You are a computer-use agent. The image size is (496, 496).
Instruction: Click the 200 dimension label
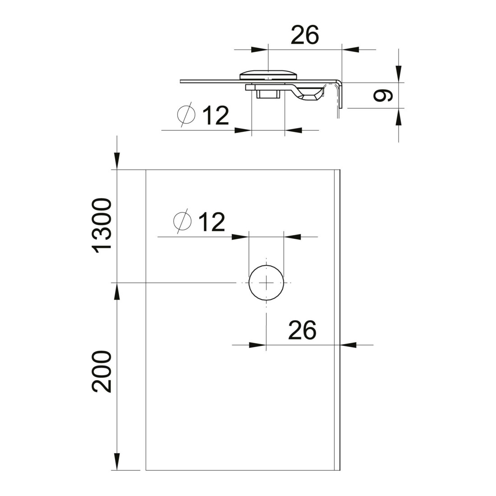[101, 372]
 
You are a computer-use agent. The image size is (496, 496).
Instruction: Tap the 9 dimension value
[383, 95]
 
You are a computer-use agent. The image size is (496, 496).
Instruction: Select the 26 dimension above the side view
[305, 35]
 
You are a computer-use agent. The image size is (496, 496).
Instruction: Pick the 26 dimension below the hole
[302, 330]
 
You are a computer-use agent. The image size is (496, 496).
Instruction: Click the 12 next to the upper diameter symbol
[216, 116]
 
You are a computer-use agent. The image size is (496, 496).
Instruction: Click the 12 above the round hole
[211, 222]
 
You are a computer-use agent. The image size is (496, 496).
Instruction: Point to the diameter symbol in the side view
[186, 115]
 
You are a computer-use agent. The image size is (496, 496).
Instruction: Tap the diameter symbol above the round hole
[183, 220]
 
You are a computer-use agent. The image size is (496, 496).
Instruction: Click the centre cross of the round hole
[266, 282]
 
